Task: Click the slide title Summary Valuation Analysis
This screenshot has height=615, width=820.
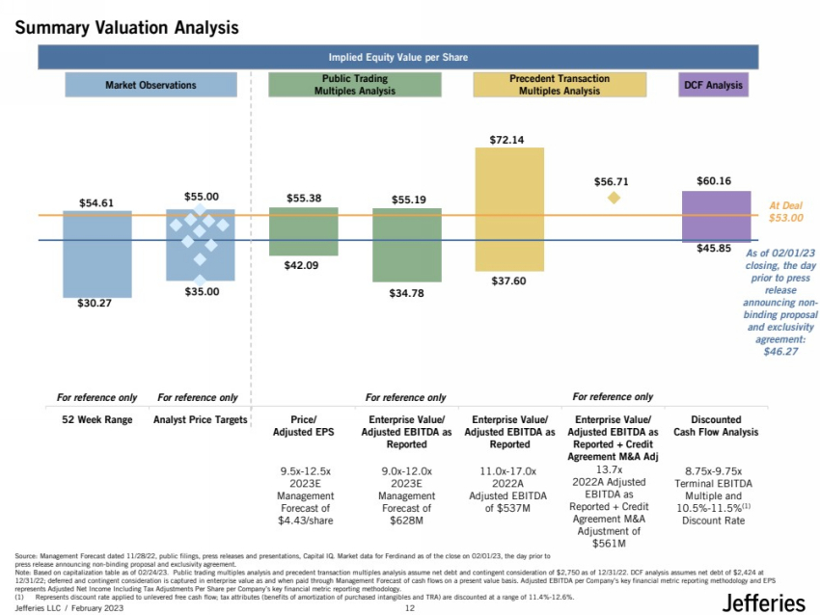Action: pos(126,29)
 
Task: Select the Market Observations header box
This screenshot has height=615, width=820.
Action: pos(150,85)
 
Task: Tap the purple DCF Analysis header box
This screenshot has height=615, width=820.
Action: pos(713,85)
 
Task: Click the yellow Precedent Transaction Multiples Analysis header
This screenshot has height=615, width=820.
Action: pos(560,85)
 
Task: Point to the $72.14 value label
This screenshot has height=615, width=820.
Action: pos(507,140)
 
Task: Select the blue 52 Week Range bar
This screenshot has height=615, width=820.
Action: pos(96,254)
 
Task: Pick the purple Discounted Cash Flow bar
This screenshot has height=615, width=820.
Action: pos(716,216)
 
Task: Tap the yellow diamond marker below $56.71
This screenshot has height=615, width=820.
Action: pos(613,198)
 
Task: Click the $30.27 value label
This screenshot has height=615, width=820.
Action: pos(96,304)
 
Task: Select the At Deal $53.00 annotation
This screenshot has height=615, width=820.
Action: pos(785,212)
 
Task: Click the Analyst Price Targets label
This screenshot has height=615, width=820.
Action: pos(200,420)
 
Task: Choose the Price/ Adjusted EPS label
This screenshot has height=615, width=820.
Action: pos(304,426)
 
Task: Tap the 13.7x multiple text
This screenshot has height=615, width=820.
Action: pos(609,469)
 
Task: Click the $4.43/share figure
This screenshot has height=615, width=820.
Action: pos(304,520)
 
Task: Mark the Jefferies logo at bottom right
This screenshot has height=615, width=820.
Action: pos(762,602)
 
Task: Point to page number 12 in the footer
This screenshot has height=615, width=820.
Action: pos(409,609)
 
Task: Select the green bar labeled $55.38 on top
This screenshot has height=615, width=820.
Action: pos(303,231)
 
